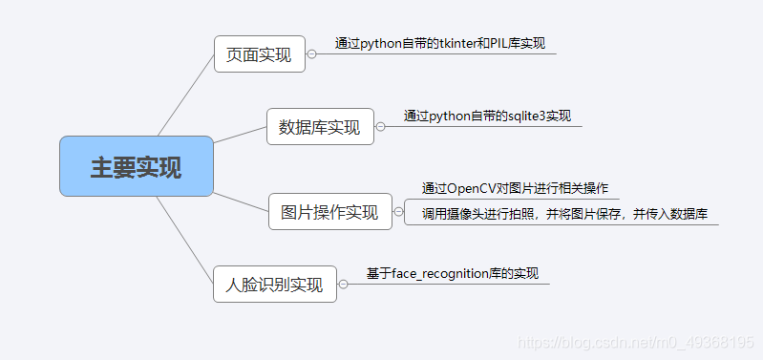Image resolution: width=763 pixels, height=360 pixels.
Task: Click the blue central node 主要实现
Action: click(136, 166)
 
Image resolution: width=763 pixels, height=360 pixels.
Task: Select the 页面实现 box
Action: click(259, 54)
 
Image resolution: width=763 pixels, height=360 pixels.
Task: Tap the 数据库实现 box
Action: click(319, 126)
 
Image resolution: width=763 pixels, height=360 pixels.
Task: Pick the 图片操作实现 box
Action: click(329, 212)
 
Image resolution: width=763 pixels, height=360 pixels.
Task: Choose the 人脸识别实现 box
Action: click(274, 284)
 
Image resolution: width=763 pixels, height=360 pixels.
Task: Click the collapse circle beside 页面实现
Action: click(312, 54)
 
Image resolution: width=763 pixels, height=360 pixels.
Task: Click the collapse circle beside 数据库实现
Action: click(380, 126)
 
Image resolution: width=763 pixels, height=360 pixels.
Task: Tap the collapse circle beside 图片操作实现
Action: click(398, 212)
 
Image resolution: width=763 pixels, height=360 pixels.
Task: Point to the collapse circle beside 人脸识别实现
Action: click(343, 284)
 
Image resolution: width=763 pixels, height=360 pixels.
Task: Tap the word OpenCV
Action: click(469, 187)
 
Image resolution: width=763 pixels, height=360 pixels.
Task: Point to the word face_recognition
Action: click(438, 273)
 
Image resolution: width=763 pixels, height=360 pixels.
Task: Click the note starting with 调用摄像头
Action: click(562, 214)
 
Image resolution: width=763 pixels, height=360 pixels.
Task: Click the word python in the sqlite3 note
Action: click(450, 116)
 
